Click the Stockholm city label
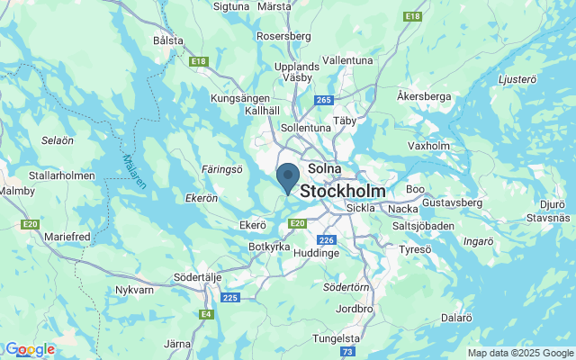point(343,192)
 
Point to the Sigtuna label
point(231,6)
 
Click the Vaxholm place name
point(428,145)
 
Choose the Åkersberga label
point(423,94)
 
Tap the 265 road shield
point(325,100)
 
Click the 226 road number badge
point(327,239)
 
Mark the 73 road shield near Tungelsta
point(347,352)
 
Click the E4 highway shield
point(207,314)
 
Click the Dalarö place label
point(457,317)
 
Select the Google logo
point(30,349)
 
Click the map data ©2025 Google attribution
point(519,353)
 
